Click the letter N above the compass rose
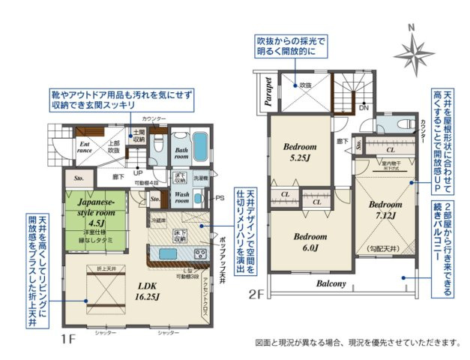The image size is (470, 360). click(410, 28)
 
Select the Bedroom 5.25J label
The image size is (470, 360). click(301, 152)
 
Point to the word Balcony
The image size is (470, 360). click(331, 283)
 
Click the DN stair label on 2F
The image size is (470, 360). click(364, 108)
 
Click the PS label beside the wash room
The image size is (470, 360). click(220, 198)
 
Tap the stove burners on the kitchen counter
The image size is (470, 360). click(200, 252)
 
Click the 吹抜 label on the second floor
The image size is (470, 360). click(303, 85)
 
